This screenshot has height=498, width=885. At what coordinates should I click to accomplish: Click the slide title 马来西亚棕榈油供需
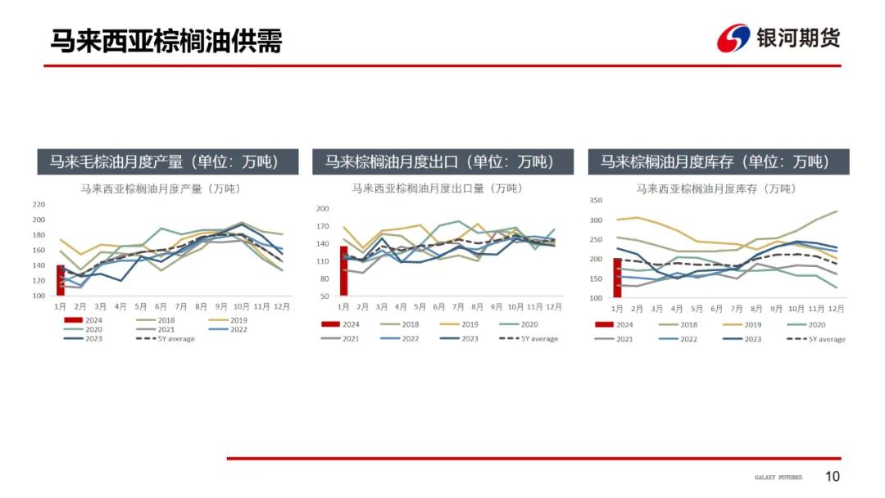point(166,40)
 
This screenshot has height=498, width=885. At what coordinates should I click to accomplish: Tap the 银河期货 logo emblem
point(733,38)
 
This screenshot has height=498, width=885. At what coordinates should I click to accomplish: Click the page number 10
point(833,477)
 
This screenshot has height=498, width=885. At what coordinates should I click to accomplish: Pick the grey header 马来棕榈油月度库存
point(719,161)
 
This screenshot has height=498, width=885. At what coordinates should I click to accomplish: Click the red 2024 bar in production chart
point(61,280)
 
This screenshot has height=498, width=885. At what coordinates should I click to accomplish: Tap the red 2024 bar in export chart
point(344,270)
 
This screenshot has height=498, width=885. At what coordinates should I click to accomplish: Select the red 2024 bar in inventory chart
point(617,278)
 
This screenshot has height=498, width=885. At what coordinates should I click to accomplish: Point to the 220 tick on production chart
point(39,204)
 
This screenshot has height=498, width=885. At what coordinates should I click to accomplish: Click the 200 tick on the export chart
point(322,209)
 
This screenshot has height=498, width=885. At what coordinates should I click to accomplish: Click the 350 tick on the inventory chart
point(596,200)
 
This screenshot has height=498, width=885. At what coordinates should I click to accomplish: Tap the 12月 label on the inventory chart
point(836,309)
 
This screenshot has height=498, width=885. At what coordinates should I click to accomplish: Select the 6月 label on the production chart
point(161,306)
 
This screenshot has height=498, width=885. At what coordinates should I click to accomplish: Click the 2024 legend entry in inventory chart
point(615,324)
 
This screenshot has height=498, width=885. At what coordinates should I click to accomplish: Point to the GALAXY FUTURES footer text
point(778,478)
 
